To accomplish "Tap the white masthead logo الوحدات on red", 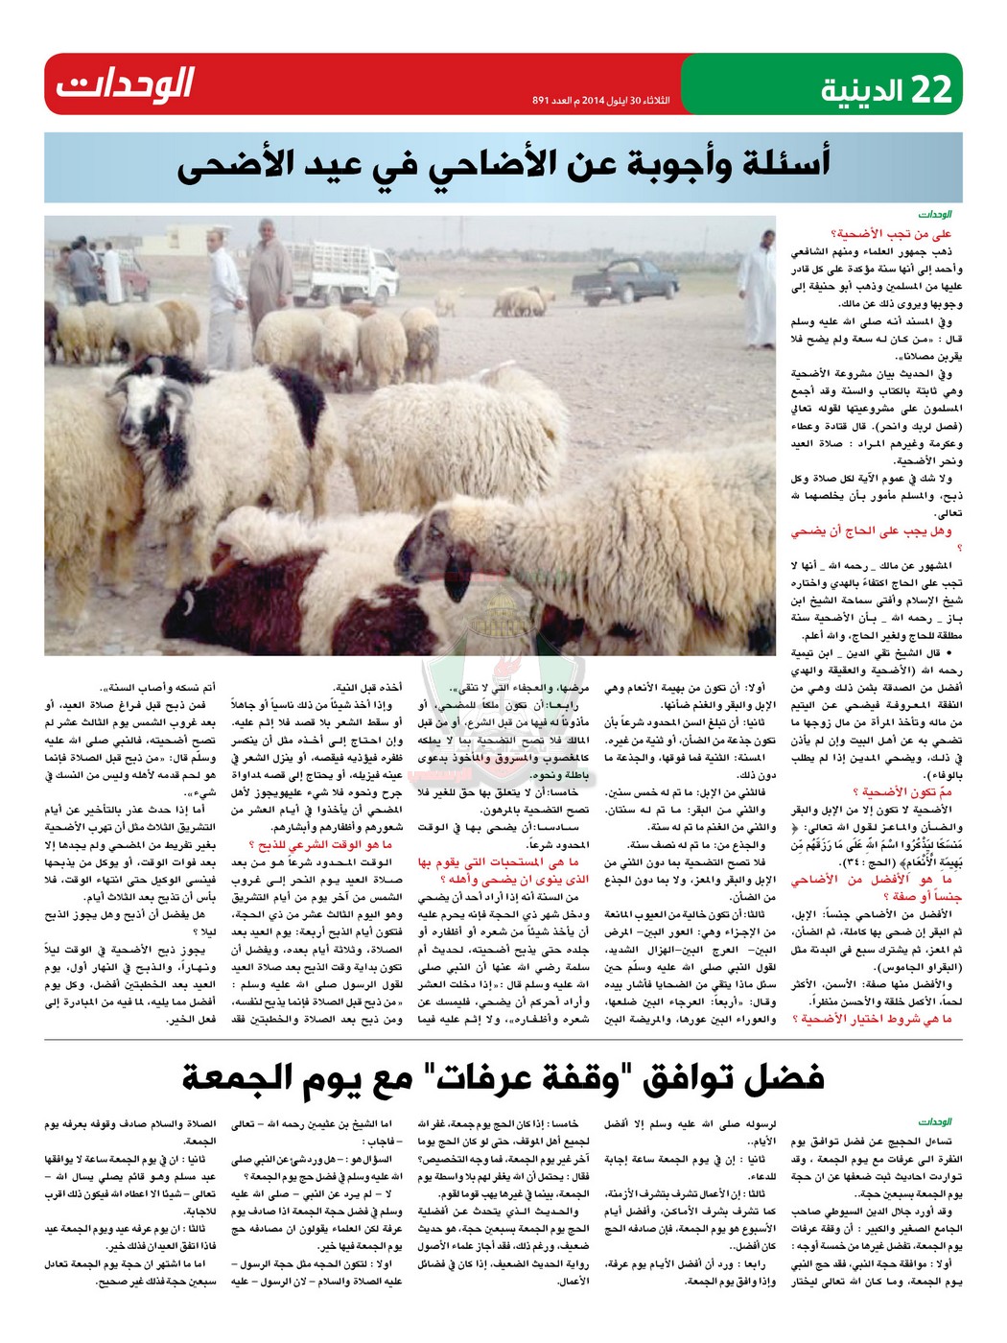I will pyautogui.click(x=125, y=85).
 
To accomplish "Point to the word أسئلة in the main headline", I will pyautogui.click(x=775, y=164).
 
